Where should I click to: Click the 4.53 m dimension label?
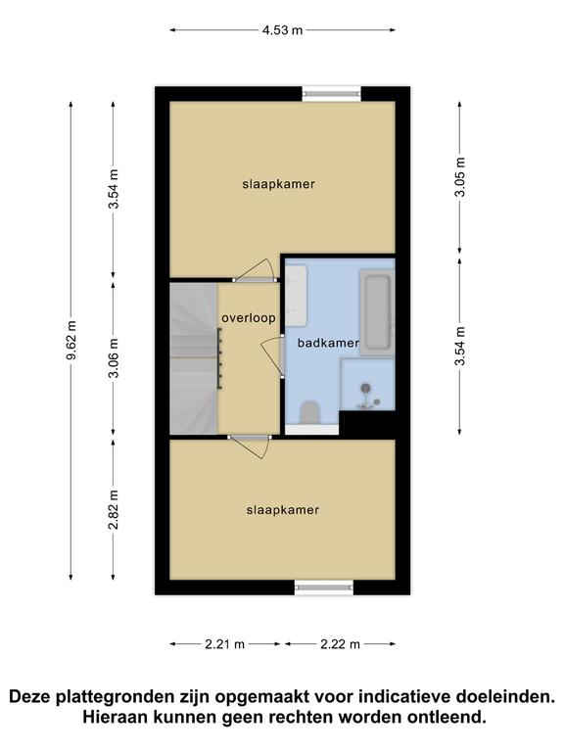(x=282, y=30)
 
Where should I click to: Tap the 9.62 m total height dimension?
(x=71, y=341)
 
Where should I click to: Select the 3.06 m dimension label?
(x=114, y=357)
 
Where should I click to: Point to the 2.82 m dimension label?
(x=114, y=509)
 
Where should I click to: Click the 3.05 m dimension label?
(x=460, y=176)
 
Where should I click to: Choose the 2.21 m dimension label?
(x=225, y=644)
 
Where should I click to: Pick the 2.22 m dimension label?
(x=340, y=644)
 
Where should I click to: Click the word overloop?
(x=249, y=318)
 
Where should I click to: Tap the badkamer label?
(x=328, y=343)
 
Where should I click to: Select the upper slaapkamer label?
(x=279, y=184)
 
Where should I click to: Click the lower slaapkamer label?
(x=283, y=510)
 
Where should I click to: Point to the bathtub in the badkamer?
(x=377, y=311)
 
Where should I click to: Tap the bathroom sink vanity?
(x=296, y=295)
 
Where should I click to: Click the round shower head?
(x=366, y=388)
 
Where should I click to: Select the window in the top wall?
(x=331, y=94)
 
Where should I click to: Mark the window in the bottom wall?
(x=324, y=587)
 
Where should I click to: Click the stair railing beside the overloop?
(x=219, y=358)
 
